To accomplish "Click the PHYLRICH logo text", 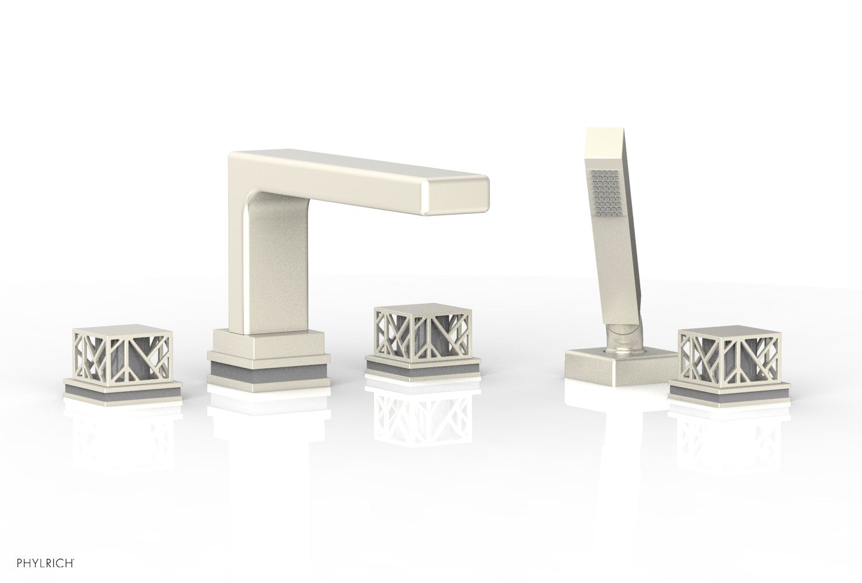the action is tap(46, 563).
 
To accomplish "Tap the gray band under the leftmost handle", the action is tap(123, 391).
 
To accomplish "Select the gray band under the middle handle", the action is tap(423, 371).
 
